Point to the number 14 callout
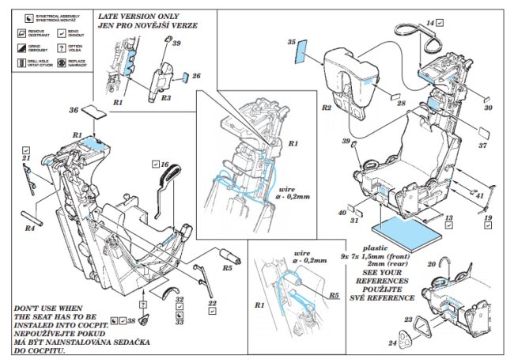430,24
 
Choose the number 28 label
402,104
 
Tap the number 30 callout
488,108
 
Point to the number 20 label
432,263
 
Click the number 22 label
213,302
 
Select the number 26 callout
197,76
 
